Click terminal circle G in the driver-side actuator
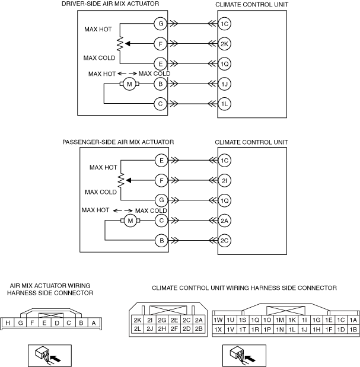click(160, 24)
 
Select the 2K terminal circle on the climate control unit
click(224, 43)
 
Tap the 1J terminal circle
click(224, 84)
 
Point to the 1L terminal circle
click(224, 104)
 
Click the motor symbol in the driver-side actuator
click(129, 84)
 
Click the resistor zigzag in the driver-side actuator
click(120, 43)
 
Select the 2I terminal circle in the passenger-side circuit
click(224, 180)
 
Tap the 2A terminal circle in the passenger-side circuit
click(224, 221)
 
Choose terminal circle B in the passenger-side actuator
click(160, 240)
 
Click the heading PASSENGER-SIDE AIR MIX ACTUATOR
click(118, 142)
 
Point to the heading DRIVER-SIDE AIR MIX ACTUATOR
click(110, 4)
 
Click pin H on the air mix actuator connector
click(9, 323)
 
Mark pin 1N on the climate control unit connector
click(279, 329)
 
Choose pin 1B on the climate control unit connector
click(353, 329)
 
